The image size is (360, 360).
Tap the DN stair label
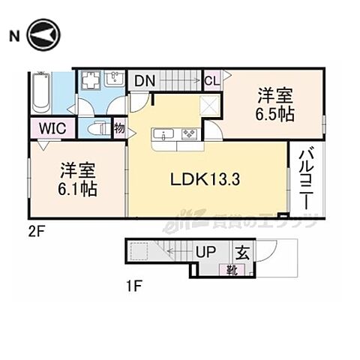(x=145, y=79)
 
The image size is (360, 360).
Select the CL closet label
(x=212, y=79)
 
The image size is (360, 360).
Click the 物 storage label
(x=119, y=128)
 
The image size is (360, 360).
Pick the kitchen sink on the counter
(x=164, y=135)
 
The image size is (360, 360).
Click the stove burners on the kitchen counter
(x=187, y=135)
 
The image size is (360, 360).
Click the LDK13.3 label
(x=205, y=180)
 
